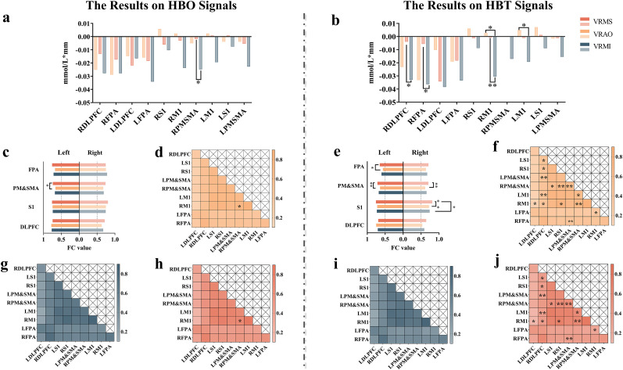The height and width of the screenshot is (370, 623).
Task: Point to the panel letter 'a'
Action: pos(6,16)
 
